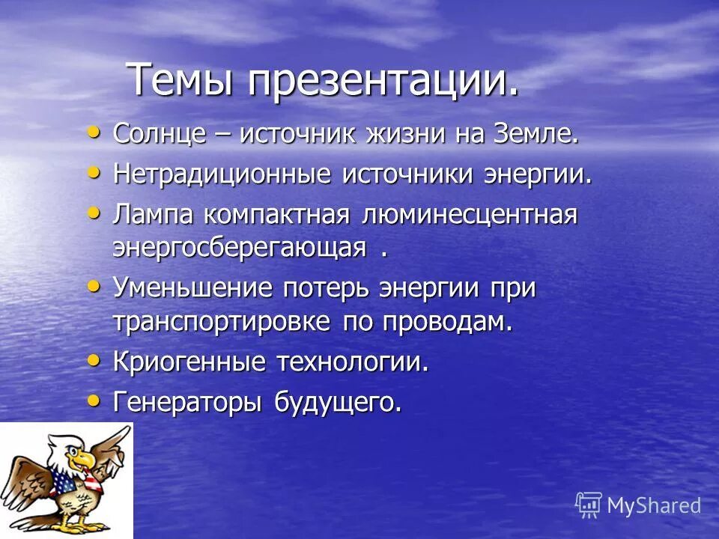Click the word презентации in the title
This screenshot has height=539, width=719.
pyautogui.click(x=383, y=80)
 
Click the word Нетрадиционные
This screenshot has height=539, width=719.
pyautogui.click(x=222, y=174)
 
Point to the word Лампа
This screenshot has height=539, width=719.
pyautogui.click(x=154, y=215)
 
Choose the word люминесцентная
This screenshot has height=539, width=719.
pyautogui.click(x=470, y=216)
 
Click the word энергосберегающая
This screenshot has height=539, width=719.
pyautogui.click(x=239, y=247)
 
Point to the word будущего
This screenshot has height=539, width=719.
pyautogui.click(x=337, y=403)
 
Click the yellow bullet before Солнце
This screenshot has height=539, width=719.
pyautogui.click(x=93, y=133)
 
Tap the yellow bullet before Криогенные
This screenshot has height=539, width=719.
pyautogui.click(x=93, y=360)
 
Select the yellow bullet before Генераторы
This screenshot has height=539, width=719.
pyautogui.click(x=93, y=400)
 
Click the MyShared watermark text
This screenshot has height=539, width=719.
pyautogui.click(x=653, y=505)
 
